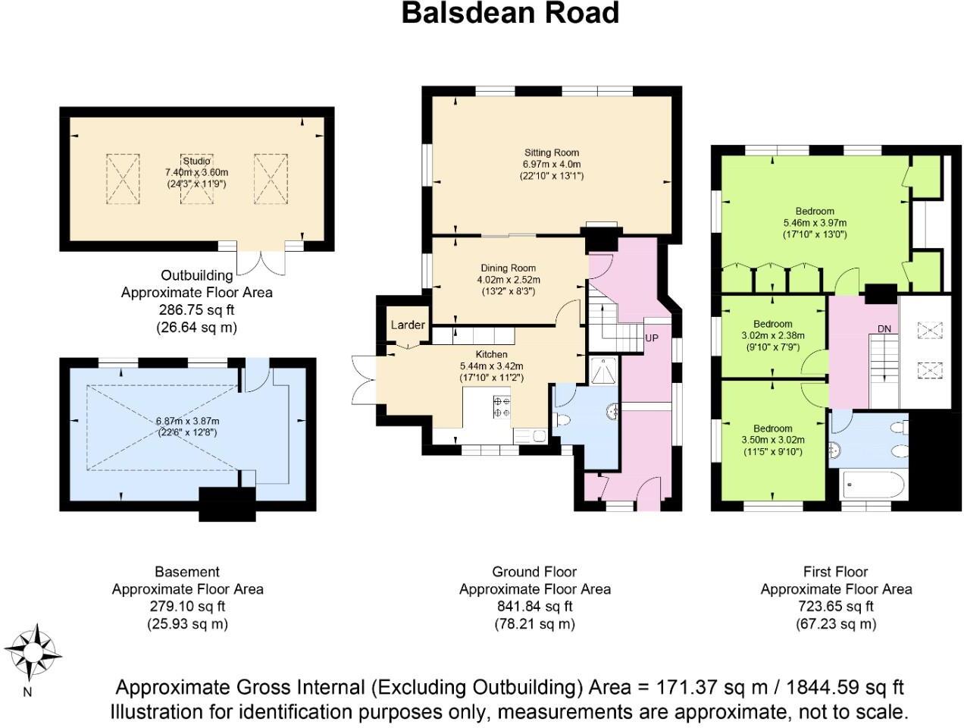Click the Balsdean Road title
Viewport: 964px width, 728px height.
point(509,14)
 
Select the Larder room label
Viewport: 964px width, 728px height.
point(408,325)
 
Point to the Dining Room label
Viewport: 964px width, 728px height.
point(508,268)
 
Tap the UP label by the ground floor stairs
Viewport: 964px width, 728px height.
point(652,337)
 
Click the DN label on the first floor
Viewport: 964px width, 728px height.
point(884,328)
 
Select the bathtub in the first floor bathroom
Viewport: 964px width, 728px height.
point(873,485)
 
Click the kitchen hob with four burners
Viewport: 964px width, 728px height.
point(502,407)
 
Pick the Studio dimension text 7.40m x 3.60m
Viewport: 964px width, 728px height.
point(196,172)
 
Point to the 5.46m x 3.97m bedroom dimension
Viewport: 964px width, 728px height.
point(815,223)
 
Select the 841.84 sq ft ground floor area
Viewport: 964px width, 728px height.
point(534,607)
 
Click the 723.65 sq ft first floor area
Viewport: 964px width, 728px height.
point(836,607)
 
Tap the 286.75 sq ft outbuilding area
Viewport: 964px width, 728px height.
point(196,310)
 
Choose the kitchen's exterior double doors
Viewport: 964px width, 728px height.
point(365,378)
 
